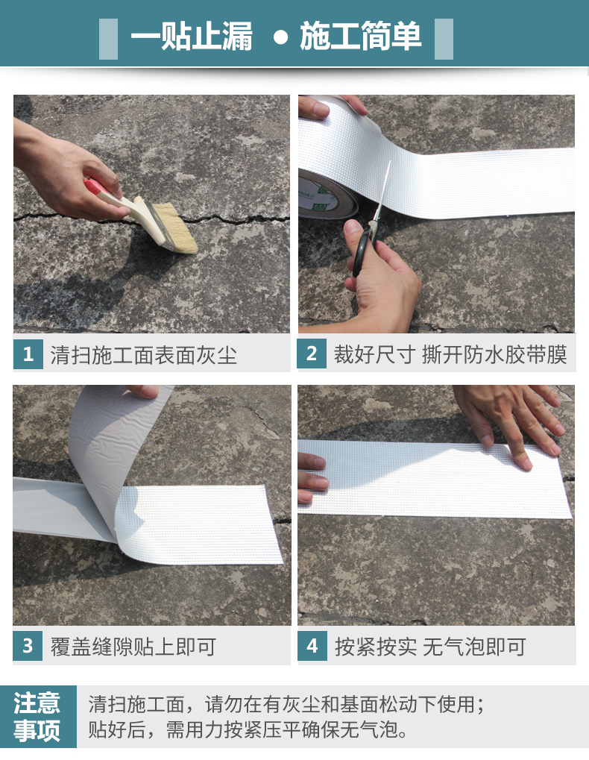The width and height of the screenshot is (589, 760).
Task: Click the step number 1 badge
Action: [x=28, y=354]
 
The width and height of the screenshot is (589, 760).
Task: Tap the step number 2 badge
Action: [x=312, y=354]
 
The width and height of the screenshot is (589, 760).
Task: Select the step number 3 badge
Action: [x=28, y=646]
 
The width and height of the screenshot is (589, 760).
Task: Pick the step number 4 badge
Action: [x=312, y=646]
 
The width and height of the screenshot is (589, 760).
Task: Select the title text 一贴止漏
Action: [x=192, y=37]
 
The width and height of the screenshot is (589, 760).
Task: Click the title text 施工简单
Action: [x=360, y=37]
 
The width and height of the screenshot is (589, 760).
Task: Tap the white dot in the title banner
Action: [x=280, y=37]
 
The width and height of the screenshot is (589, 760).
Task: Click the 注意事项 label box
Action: [x=38, y=717]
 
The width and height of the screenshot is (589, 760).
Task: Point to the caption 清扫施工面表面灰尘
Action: [x=144, y=355]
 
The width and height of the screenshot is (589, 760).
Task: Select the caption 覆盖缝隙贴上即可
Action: [x=133, y=647]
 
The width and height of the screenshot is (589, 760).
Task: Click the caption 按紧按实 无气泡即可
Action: [x=430, y=647]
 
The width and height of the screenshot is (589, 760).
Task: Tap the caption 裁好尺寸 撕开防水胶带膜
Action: [x=450, y=354]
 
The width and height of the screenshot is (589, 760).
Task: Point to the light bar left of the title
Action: [x=109, y=39]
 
